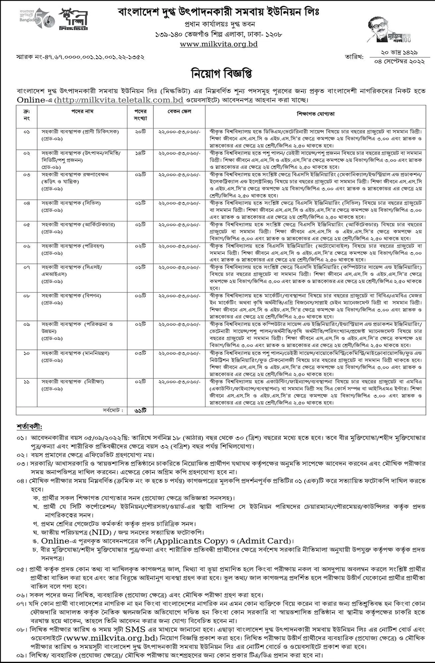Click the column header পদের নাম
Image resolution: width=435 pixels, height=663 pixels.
82,112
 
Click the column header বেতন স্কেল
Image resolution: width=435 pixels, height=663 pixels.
179,112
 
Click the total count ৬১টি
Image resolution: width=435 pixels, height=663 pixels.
140,411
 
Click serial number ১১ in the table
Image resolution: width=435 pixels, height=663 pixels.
26,382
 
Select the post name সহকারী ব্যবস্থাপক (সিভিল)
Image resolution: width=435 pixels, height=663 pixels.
71,203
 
